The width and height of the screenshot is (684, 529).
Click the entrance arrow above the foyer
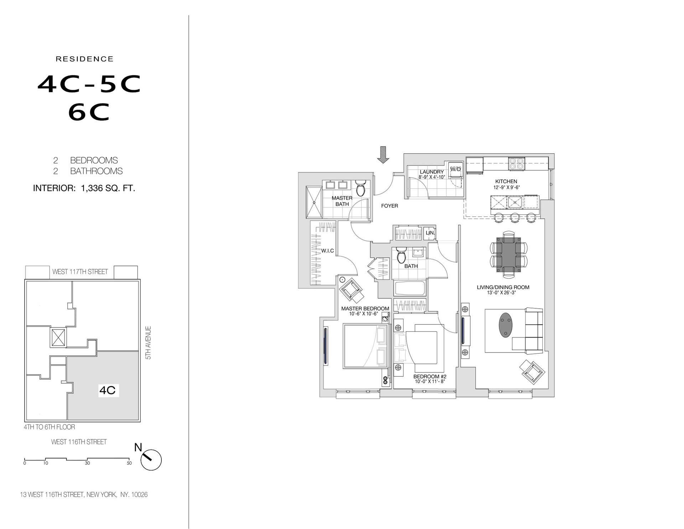[x=383, y=155]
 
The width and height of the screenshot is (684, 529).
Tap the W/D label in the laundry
[x=456, y=169]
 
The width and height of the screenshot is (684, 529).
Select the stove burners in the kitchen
[x=516, y=164]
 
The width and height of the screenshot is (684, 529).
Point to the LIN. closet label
[x=430, y=233]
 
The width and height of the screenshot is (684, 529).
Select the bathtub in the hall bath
[x=410, y=288]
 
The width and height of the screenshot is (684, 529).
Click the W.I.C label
[x=327, y=251]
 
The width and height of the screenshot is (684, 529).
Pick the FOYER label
[x=389, y=206]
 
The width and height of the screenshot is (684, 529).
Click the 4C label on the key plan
[x=107, y=390]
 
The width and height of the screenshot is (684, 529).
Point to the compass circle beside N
[x=151, y=460]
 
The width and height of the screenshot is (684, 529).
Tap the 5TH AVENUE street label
[x=149, y=343]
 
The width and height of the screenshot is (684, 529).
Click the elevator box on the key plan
[x=58, y=337]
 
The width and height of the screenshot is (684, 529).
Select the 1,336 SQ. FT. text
[x=108, y=188]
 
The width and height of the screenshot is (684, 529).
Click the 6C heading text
[x=89, y=113]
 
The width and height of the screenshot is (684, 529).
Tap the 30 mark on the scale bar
[x=87, y=463]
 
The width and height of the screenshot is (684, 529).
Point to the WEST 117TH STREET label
[x=80, y=272]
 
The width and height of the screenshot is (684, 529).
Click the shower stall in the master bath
[x=314, y=202]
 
